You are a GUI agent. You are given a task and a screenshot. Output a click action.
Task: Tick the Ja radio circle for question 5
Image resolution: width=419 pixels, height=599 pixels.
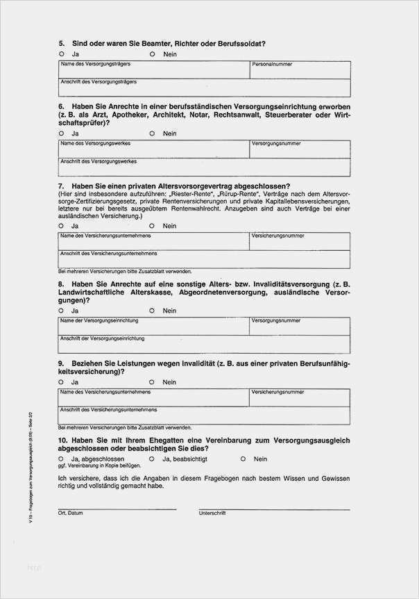point(61,54)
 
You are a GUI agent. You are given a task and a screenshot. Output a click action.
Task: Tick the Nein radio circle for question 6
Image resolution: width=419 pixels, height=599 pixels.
point(152,133)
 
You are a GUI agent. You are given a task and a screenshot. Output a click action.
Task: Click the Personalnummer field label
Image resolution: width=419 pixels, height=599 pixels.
point(272,64)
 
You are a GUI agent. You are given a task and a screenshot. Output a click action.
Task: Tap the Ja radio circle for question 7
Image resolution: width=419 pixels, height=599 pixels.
point(61,226)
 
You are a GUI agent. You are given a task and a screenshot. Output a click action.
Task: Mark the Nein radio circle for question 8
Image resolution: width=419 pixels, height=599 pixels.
point(152,311)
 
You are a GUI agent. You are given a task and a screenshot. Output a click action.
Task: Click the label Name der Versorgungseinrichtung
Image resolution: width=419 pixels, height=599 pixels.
point(99,321)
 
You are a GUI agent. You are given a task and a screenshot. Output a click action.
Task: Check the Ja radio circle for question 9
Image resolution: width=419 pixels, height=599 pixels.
point(61,382)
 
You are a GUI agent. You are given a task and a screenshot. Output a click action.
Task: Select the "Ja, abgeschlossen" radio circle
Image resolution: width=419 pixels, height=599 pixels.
point(61,459)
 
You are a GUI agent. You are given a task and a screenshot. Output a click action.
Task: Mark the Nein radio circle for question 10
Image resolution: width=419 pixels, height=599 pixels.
point(243,459)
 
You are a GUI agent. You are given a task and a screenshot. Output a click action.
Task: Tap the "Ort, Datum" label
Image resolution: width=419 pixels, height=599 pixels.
point(71,514)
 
